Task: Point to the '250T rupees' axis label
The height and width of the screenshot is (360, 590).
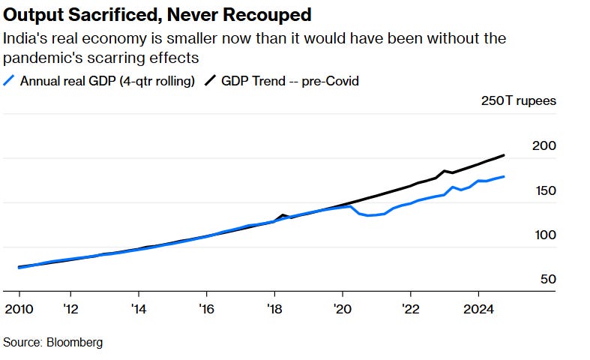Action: pos(519,101)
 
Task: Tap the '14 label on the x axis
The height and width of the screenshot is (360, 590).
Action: pos(138,308)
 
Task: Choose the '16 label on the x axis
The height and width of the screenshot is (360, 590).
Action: pos(206,308)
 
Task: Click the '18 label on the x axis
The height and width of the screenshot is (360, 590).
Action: pos(274,308)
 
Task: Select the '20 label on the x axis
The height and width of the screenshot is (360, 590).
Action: pos(343,308)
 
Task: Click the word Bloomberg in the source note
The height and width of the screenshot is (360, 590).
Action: pos(73,342)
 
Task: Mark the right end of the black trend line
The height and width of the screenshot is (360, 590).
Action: pos(504,155)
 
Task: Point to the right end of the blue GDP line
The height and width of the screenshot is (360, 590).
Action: pos(504,177)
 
